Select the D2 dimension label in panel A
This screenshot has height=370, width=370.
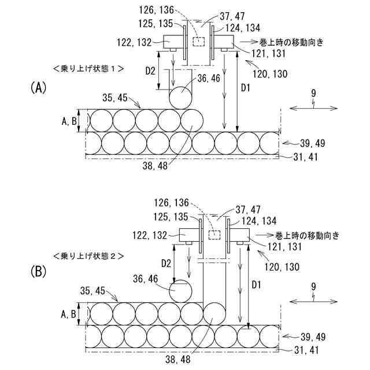tap(150, 72)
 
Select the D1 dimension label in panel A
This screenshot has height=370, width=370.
tap(245, 87)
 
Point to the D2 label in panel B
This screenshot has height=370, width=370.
tap(166, 263)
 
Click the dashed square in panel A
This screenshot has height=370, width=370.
tap(199, 42)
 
